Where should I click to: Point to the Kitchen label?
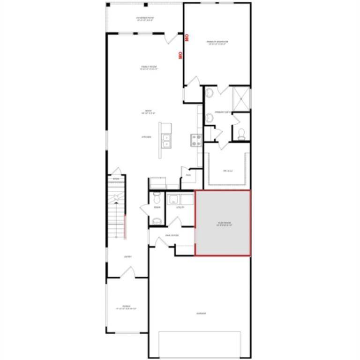(x=146, y=137)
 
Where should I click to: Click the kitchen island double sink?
(x=165, y=140)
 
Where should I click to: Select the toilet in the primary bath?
(x=241, y=135)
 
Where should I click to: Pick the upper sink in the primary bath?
(x=210, y=94)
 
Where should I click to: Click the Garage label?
(x=201, y=314)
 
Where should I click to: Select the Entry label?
(x=127, y=257)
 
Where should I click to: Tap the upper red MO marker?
(x=186, y=37)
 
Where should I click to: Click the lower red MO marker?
(x=180, y=55)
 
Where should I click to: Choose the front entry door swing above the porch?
(x=127, y=272)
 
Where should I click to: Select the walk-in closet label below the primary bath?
(x=228, y=171)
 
